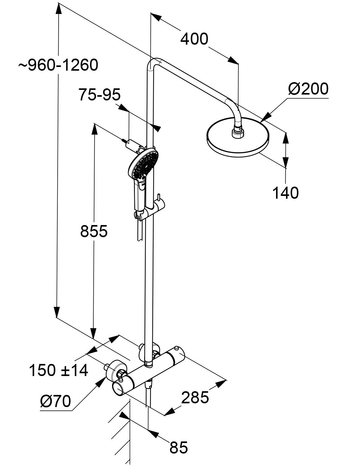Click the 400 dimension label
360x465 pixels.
coord(194,39)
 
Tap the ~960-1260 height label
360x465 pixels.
coord(58,65)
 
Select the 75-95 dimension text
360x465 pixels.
coord(99,95)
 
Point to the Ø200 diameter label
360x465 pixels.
coord(308,89)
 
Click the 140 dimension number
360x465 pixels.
coord(285,193)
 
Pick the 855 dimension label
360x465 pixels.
coord(94,231)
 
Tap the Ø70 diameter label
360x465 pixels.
coord(56,402)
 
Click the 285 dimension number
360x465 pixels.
coord(195,398)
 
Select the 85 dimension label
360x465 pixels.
coord(179,447)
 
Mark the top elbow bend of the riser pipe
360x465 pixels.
coord(153,62)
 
